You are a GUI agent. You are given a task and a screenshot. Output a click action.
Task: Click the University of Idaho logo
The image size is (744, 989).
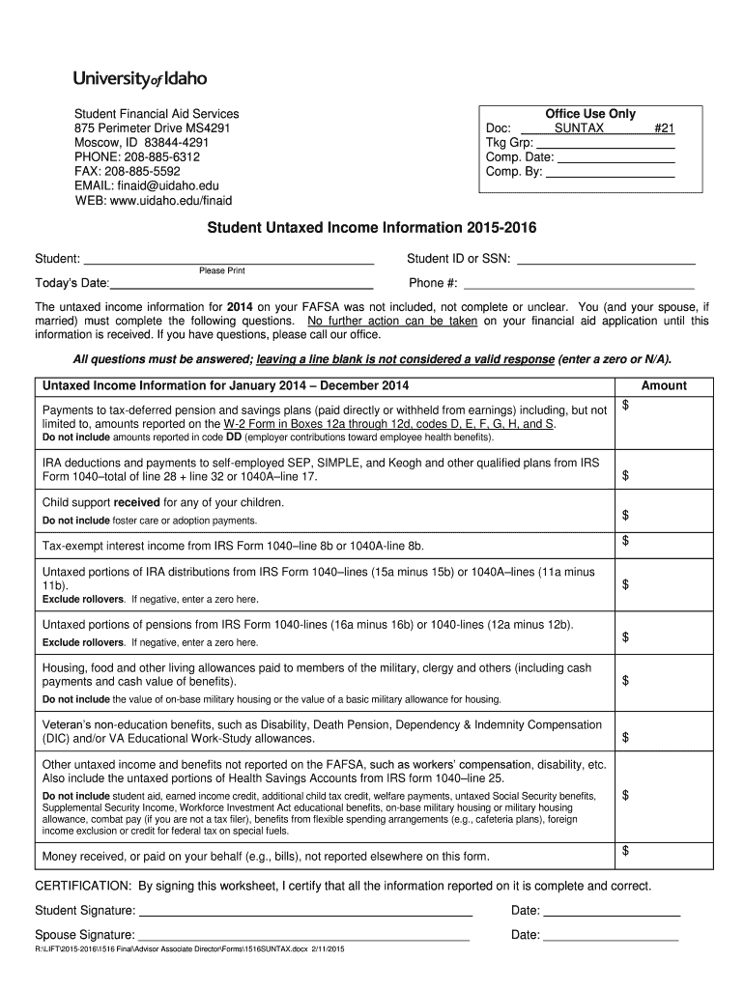click(x=140, y=78)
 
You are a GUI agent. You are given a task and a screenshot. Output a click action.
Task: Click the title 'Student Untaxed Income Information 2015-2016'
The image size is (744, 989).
click(x=372, y=229)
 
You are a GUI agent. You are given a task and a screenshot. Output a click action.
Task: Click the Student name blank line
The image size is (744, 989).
click(x=229, y=262)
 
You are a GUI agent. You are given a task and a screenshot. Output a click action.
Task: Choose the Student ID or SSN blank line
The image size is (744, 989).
click(x=607, y=262)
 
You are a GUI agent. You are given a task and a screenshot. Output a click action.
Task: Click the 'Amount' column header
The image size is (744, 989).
click(x=664, y=386)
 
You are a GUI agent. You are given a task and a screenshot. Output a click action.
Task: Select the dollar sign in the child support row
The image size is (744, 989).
click(x=625, y=516)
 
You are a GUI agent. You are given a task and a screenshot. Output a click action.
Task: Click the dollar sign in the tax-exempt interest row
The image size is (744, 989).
click(x=625, y=541)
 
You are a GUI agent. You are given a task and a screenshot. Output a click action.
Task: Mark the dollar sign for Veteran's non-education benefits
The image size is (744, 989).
click(x=625, y=738)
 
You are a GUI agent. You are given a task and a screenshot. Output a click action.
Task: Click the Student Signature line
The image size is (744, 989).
click(x=305, y=913)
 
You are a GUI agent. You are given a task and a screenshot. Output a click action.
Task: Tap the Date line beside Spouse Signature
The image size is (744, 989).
click(x=612, y=938)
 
